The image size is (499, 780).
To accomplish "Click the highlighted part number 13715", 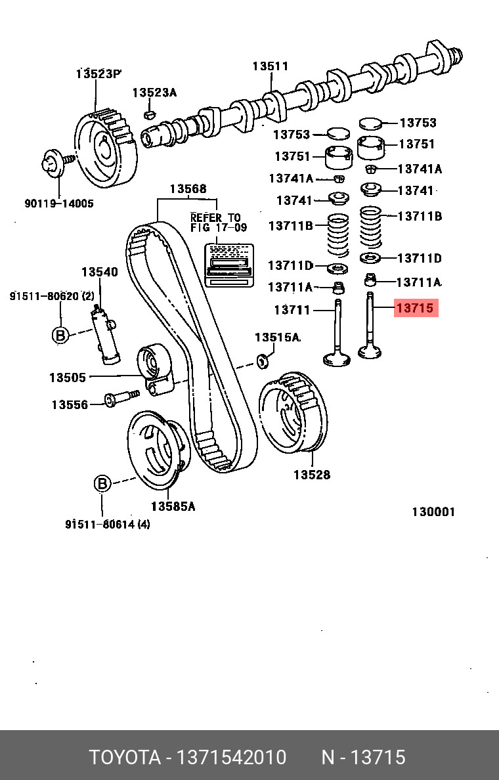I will pyautogui.click(x=415, y=307).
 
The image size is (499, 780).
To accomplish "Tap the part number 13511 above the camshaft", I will pyautogui.click(x=271, y=66).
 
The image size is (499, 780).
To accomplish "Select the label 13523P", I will pyautogui.click(x=98, y=74).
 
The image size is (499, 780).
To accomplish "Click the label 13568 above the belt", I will pyautogui.click(x=188, y=189).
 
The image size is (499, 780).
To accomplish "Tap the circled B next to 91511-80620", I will pyautogui.click(x=60, y=335).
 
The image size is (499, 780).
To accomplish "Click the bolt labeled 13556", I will pyautogui.click(x=118, y=399).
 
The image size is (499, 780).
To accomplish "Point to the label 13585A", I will pyautogui.click(x=173, y=506).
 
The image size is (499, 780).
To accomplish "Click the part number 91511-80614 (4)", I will pyautogui.click(x=107, y=523).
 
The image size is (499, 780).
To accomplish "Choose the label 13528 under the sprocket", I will pyautogui.click(x=311, y=475).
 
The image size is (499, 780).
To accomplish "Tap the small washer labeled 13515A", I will pyautogui.click(x=263, y=359).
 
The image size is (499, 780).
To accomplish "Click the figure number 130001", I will pyautogui.click(x=433, y=512).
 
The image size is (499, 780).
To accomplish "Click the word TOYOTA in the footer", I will pyautogui.click(x=125, y=758).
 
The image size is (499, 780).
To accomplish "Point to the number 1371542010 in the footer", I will pyautogui.click(x=230, y=758).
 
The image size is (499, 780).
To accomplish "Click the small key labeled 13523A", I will pyautogui.click(x=148, y=116).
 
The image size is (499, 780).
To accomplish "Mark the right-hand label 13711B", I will pyautogui.click(x=420, y=216).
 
